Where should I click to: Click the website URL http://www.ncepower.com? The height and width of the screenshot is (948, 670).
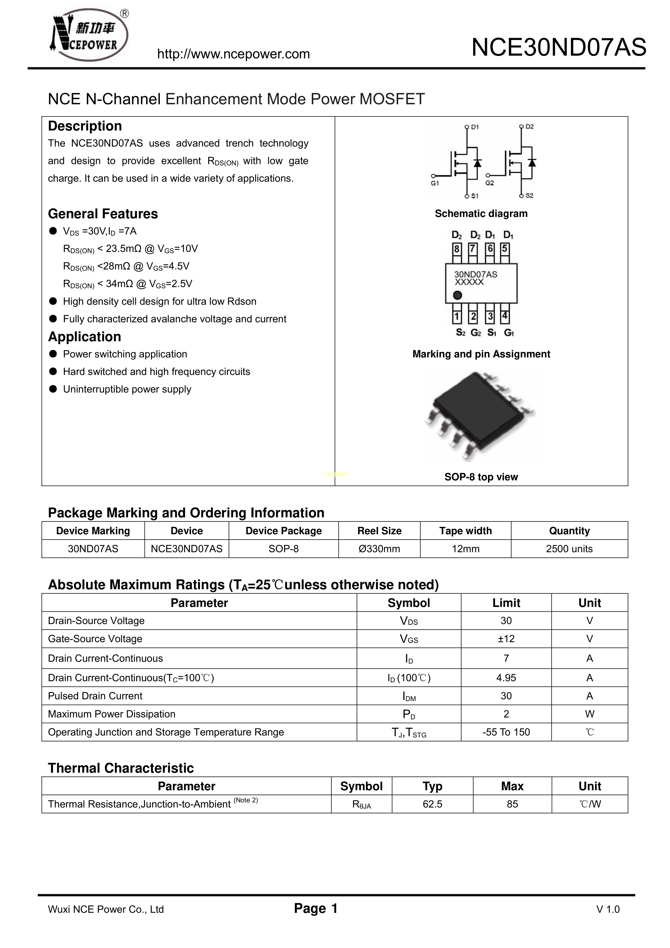[x=233, y=54]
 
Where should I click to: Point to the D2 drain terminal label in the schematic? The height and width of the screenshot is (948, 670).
[x=529, y=127]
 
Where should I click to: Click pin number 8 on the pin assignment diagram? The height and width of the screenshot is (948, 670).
[x=457, y=249]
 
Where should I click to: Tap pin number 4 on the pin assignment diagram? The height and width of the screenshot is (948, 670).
[x=504, y=316]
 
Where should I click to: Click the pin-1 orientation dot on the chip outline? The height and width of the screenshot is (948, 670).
[x=457, y=295]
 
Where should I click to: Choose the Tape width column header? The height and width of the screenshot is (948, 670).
[x=465, y=531]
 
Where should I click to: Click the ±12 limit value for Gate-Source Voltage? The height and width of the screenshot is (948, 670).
[x=506, y=639]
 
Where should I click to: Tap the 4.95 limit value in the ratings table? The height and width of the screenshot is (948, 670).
[x=506, y=678]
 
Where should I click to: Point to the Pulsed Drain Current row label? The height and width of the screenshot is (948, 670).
[x=95, y=696]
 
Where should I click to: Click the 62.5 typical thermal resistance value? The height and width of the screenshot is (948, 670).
[x=432, y=804]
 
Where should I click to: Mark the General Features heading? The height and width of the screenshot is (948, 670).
[x=103, y=214]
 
